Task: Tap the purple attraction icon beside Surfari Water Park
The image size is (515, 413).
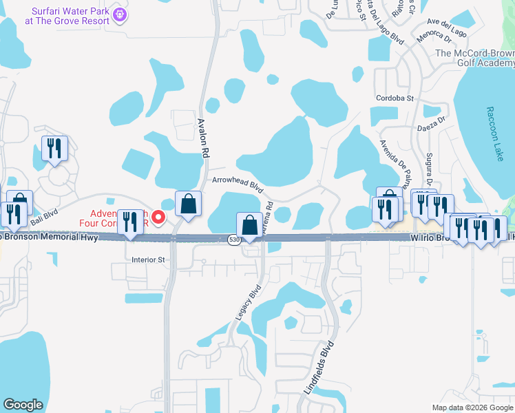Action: pos(119,13)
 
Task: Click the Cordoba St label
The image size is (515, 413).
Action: pos(394,98)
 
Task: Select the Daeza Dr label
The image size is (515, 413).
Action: pos(432,127)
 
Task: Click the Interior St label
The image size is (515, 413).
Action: pos(149,260)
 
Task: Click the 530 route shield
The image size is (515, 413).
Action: pos(234,239)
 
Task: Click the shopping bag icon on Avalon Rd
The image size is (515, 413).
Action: pos(188,204)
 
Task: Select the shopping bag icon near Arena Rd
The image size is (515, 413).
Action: pos(249,224)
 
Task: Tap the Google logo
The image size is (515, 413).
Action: pos(23,405)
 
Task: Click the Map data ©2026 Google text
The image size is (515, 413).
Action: pos(472,407)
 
